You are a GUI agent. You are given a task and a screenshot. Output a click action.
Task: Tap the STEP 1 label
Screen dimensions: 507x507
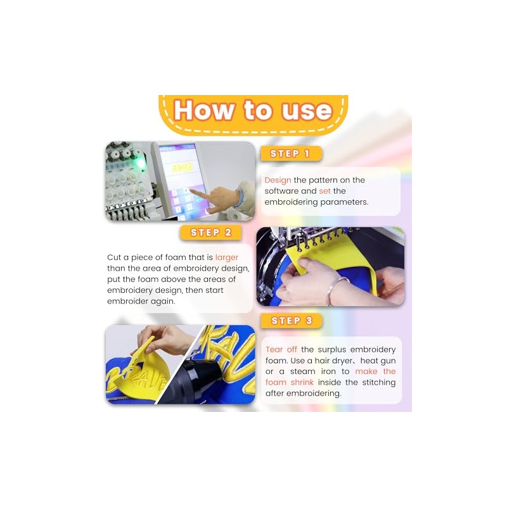(291, 153)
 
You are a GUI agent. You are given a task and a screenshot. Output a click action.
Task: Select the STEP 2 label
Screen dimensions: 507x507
(210, 233)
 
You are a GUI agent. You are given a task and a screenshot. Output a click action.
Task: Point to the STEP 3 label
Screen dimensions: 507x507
(292, 321)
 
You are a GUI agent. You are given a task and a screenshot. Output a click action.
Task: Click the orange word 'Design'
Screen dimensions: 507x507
(278, 180)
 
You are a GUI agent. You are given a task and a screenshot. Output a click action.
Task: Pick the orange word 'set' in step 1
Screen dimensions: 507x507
(324, 191)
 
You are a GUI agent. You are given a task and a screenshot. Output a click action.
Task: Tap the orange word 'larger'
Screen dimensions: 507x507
(227, 257)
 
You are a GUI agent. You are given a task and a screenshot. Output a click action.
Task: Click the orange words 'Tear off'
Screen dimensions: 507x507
(281, 350)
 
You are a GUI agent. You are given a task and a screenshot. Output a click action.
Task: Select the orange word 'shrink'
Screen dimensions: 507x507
(302, 382)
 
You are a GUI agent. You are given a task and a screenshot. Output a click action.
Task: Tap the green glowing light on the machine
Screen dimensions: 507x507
(140, 163)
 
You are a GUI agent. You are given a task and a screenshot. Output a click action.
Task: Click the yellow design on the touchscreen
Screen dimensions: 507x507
(182, 168)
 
